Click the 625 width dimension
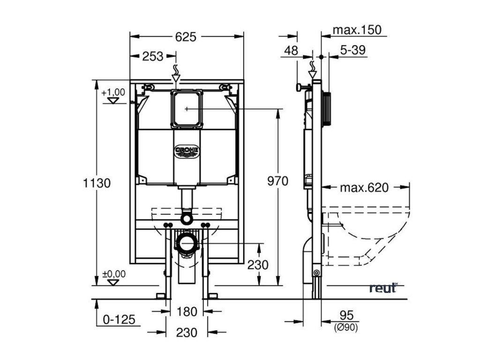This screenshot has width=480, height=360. (186, 37)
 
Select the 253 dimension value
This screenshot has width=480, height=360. (153, 56)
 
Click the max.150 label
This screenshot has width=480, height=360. (357, 30)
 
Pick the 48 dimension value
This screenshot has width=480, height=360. (291, 50)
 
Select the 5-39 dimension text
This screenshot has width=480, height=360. (353, 50)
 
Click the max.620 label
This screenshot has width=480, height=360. (364, 188)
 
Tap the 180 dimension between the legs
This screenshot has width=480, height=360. (186, 311)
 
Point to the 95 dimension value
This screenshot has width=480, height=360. (347, 314)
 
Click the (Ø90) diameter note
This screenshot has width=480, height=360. (347, 328)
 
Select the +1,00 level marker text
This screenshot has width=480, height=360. (113, 92)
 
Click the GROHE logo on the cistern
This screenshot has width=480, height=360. (187, 151)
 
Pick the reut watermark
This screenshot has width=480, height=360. (383, 288)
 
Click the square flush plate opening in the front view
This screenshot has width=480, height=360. (187, 109)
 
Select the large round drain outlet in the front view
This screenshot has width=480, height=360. (187, 243)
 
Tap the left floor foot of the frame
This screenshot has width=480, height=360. (161, 295)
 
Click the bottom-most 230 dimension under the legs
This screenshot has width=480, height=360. (186, 332)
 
